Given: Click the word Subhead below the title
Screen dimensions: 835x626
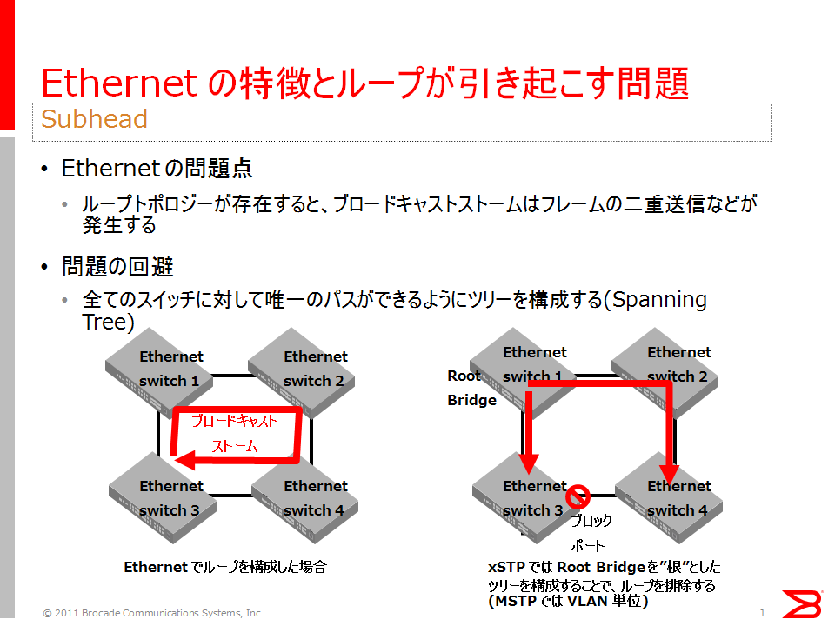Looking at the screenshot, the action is coord(94,119).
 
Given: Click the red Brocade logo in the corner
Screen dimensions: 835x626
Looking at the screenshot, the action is coord(801,604).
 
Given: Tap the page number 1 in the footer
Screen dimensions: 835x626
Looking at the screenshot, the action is coord(762,613).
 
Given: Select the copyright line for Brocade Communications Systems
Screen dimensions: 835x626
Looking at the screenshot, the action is coord(153,613).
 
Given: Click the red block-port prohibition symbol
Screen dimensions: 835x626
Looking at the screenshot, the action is coord(578,496).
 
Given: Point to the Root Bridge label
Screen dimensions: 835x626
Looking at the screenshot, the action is coord(471,388).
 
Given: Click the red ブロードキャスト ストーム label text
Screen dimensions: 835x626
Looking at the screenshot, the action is coord(235,433).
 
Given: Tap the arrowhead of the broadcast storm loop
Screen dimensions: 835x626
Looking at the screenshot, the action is coord(184,459).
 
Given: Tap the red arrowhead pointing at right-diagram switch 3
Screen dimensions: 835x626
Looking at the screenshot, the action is coord(529,463).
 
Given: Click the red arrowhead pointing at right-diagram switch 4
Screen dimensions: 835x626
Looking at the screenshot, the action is coord(670,473).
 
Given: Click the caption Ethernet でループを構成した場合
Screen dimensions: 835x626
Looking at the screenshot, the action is coord(225,567).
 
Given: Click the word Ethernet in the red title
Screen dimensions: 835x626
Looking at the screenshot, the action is coord(119,83).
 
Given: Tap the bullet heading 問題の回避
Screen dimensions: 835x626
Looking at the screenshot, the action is coord(117,267).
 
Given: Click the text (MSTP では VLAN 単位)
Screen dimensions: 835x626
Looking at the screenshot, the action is coord(568,601).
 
